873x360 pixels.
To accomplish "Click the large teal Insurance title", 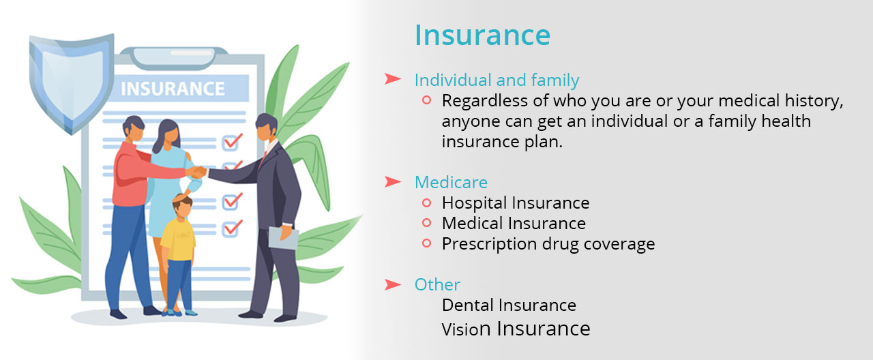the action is coord(482,35).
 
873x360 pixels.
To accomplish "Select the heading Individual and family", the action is coord(497,80).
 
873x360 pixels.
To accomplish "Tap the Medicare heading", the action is coord(451,182).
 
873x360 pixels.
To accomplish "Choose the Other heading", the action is coord(437,284).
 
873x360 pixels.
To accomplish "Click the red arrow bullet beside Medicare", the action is coord(392,181).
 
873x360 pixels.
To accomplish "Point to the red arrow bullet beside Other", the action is coord(392,284).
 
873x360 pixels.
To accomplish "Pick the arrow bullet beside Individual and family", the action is coord(392,78).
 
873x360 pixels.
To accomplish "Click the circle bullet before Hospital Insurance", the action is coord(427,202).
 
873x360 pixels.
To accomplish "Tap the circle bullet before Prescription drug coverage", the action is coord(427,243).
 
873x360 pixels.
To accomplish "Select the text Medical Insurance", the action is coord(514,223).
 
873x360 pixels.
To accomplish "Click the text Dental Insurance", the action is coord(509,305).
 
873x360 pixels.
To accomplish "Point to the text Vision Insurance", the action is coord(516,329).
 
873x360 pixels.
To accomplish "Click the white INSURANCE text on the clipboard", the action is coord(173,89).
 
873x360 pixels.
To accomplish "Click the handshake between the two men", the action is coord(197,172).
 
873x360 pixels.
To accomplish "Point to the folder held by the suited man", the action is coord(283,238).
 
